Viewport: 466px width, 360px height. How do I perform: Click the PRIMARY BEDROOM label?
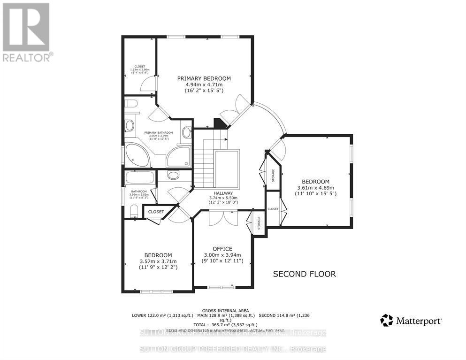[x=204, y=78]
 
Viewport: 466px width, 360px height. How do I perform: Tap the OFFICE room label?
[x=222, y=249]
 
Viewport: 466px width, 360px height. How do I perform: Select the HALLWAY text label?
[x=223, y=192]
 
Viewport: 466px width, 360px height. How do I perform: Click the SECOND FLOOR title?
[x=305, y=274]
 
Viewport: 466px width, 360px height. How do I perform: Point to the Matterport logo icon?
[x=386, y=321]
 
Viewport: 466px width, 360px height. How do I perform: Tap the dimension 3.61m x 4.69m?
[x=315, y=188]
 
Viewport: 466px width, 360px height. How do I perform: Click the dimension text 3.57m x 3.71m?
[x=158, y=261]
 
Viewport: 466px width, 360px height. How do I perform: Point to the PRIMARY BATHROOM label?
[x=159, y=133]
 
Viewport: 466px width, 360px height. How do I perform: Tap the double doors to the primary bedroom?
[x=235, y=109]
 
